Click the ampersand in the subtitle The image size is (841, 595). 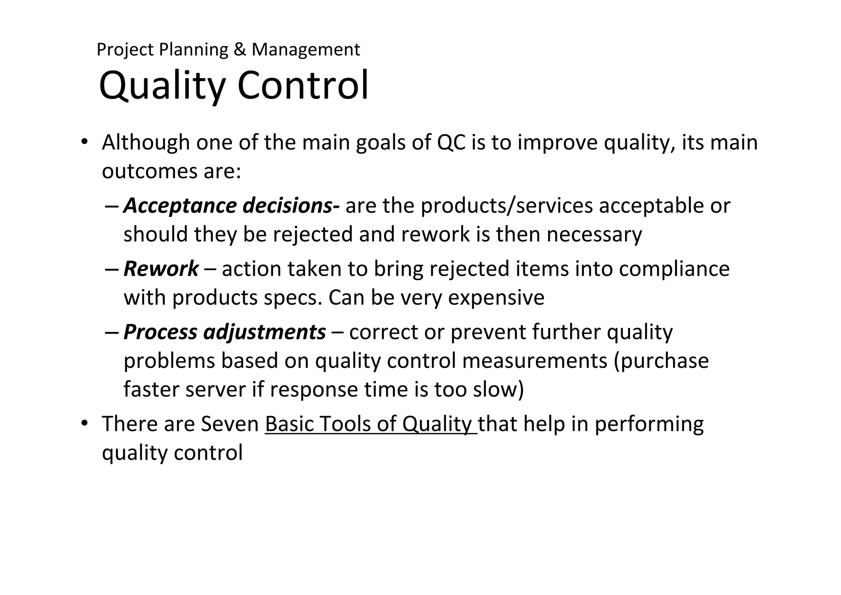click(239, 50)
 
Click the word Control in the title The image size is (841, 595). click(303, 85)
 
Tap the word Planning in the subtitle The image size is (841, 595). click(193, 50)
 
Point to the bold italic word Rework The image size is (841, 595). click(161, 269)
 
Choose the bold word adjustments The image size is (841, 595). click(264, 332)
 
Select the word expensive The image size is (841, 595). click(496, 297)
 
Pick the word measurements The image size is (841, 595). click(534, 361)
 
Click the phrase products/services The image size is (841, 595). click(507, 205)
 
